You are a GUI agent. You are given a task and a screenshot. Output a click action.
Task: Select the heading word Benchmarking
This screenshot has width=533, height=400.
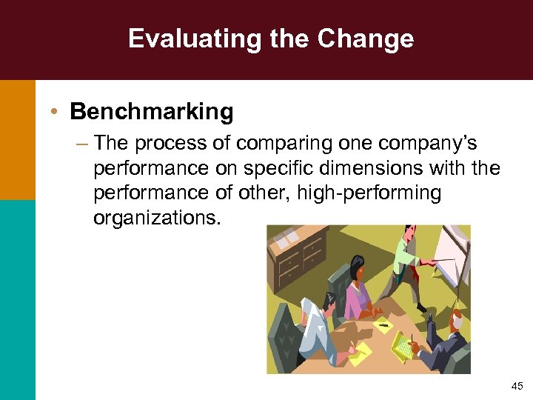pos(152,113)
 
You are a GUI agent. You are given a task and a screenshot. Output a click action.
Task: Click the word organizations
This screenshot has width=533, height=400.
pos(156,219)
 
